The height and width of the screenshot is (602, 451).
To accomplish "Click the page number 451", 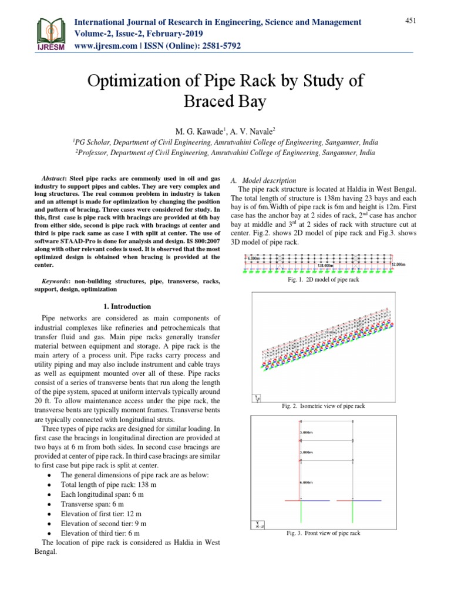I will point(410,21).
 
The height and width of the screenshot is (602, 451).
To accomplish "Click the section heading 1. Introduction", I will point(127,306).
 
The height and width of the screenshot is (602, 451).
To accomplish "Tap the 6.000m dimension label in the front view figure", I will point(305,481).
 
